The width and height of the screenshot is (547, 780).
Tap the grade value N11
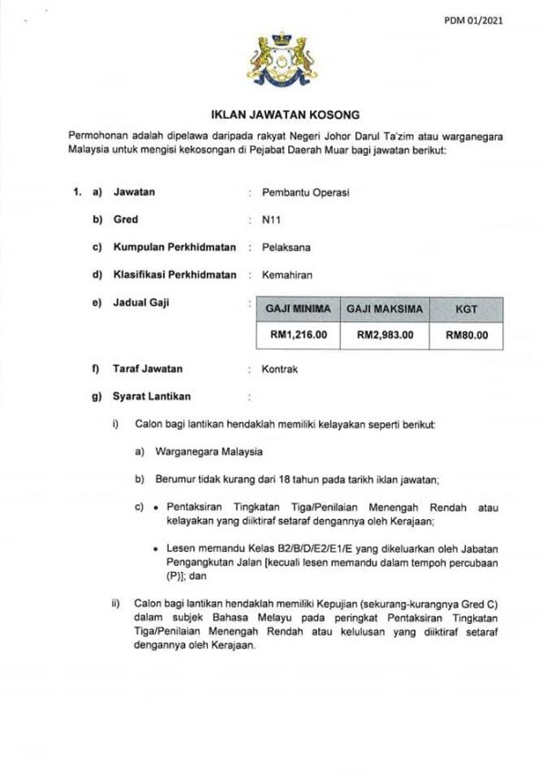pyautogui.click(x=271, y=220)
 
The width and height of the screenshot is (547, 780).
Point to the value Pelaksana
pyautogui.click(x=283, y=247)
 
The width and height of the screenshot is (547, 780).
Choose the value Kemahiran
pyautogui.click(x=284, y=275)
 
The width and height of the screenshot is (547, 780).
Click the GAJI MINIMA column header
pyautogui.click(x=298, y=310)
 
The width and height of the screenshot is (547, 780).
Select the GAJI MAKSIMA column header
pyautogui.click(x=384, y=310)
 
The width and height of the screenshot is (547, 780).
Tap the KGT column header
pyautogui.click(x=466, y=310)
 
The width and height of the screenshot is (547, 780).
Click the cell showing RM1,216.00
pyautogui.click(x=298, y=335)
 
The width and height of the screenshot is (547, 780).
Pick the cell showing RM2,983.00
pyautogui.click(x=384, y=335)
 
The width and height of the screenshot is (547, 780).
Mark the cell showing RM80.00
pyautogui.click(x=466, y=335)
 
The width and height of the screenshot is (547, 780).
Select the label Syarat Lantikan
pyautogui.click(x=151, y=397)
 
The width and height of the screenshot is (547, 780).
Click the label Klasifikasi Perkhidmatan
pyautogui.click(x=174, y=275)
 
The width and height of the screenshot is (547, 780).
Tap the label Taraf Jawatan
pyautogui.click(x=148, y=369)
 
